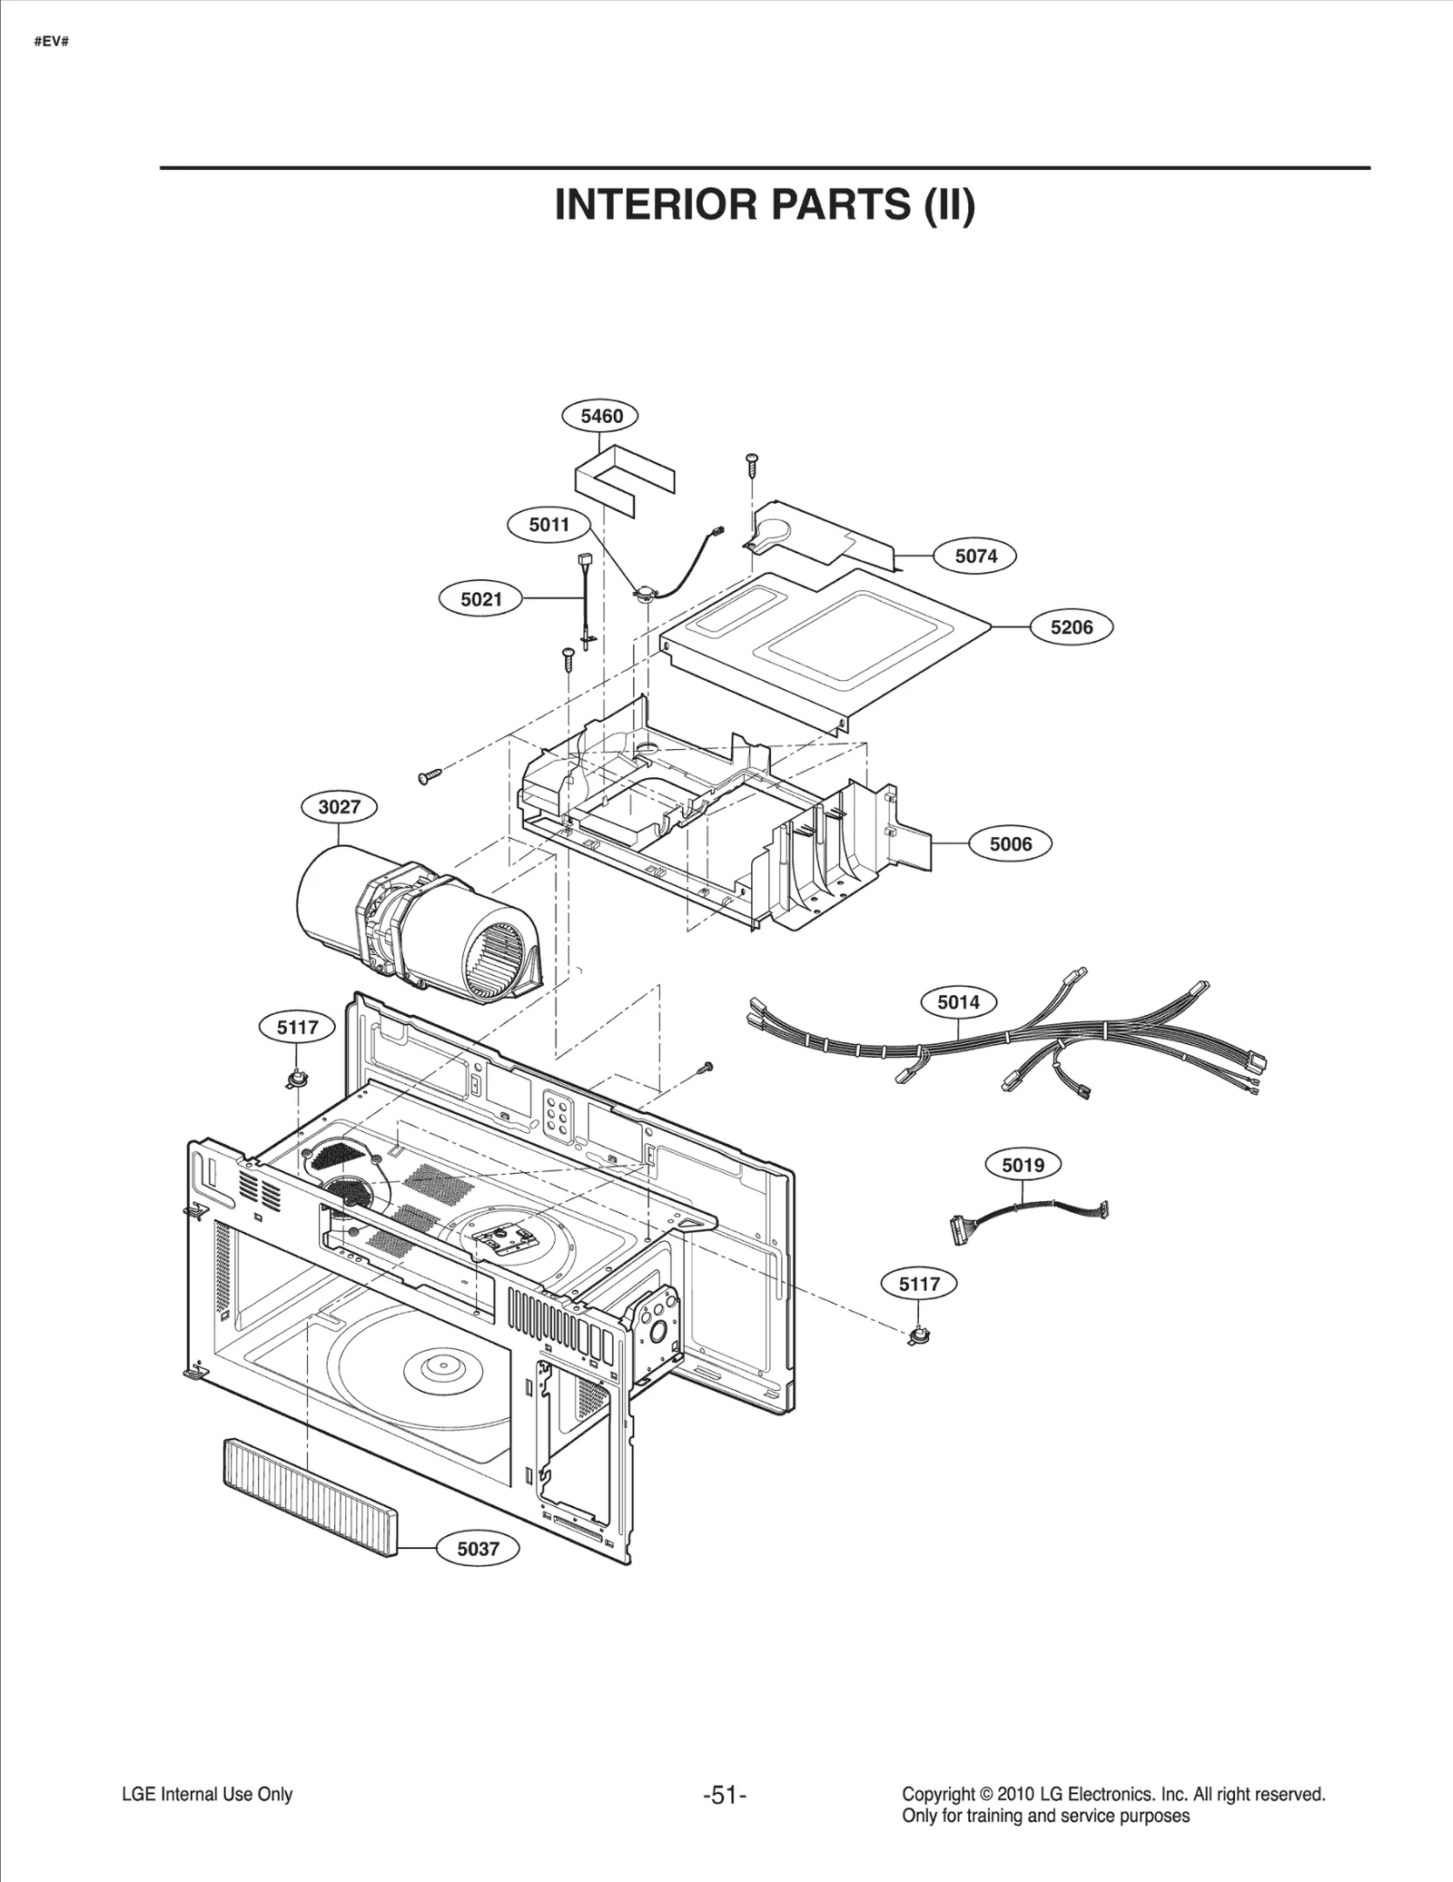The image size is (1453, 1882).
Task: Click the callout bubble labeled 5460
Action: (x=601, y=416)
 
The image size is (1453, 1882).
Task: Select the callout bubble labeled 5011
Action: (x=549, y=524)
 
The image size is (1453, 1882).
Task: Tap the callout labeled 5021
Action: (x=480, y=599)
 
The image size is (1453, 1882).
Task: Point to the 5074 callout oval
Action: (x=975, y=556)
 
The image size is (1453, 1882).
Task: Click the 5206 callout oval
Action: (x=1072, y=626)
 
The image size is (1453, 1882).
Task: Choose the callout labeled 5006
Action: (x=1010, y=844)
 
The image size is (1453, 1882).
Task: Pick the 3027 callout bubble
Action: (x=339, y=806)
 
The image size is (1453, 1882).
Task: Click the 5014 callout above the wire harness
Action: (x=958, y=1002)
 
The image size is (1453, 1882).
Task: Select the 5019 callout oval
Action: (x=1023, y=1165)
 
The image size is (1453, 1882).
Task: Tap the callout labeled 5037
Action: (x=478, y=1549)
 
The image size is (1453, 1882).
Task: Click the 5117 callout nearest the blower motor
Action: (x=297, y=1027)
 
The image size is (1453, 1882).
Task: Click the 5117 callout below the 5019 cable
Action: (x=919, y=1284)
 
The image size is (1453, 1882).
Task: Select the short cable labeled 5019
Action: (x=1026, y=1212)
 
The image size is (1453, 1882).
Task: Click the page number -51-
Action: (x=725, y=1795)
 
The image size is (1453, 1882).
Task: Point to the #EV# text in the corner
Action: (x=51, y=42)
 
